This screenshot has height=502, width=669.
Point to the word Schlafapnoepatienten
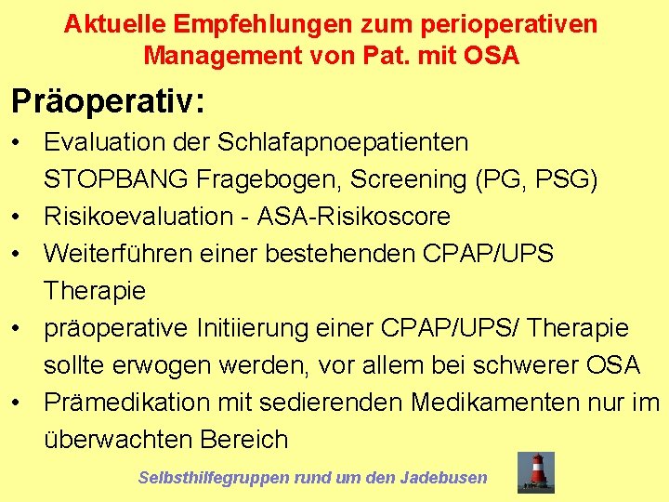point(343,142)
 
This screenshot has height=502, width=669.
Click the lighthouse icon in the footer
point(536,472)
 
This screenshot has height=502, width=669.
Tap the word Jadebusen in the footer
point(443,478)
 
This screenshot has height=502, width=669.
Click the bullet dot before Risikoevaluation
point(18,217)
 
